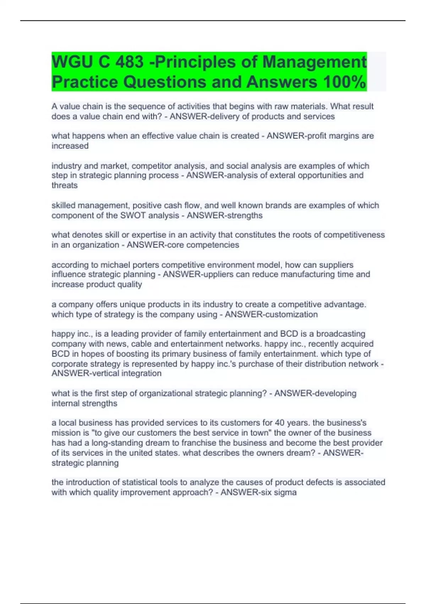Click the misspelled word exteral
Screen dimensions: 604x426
click(x=282, y=175)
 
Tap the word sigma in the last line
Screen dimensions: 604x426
click(x=286, y=492)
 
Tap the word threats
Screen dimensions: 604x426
click(x=65, y=185)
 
